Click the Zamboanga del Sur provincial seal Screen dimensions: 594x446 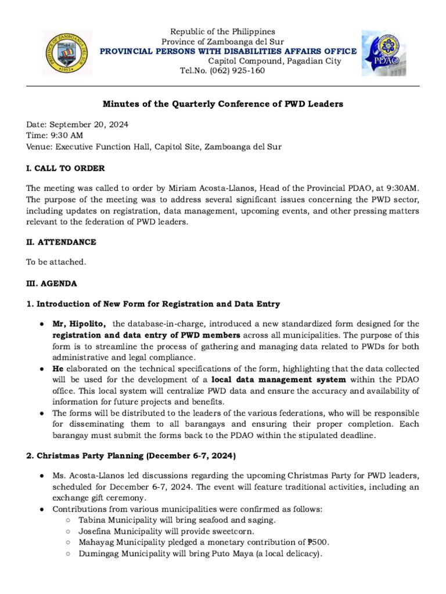[67, 53]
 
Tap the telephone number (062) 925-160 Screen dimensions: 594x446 [239, 71]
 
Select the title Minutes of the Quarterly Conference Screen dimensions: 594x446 [222, 104]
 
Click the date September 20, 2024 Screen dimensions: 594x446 [89, 125]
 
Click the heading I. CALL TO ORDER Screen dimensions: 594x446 [65, 168]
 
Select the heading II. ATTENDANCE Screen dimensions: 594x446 [61, 241]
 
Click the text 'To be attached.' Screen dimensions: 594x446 [56, 262]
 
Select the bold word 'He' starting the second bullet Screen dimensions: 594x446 [58, 368]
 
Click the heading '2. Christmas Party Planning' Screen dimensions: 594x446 [131, 456]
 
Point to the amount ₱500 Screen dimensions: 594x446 [318, 542]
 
